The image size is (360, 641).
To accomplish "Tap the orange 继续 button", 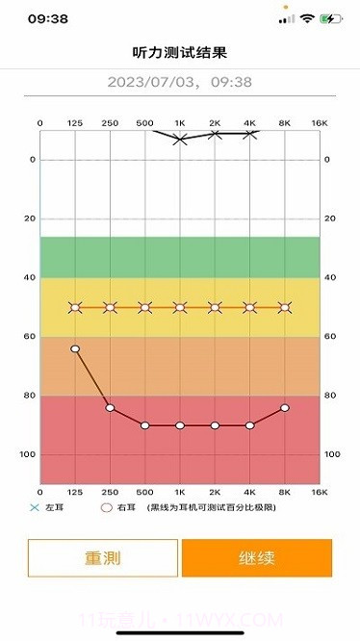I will pyautogui.click(x=256, y=557).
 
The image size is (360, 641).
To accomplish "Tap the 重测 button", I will pyautogui.click(x=103, y=557).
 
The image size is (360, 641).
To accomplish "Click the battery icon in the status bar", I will pyautogui.click(x=331, y=18).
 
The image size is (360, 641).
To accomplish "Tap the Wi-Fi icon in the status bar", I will pyautogui.click(x=307, y=18).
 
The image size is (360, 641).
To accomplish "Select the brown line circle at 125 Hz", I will pyautogui.click(x=75, y=348).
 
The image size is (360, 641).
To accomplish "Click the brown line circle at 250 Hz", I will pyautogui.click(x=110, y=408).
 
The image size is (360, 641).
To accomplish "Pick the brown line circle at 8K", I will pyautogui.click(x=285, y=408).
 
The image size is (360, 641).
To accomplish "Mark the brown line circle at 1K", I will pyautogui.click(x=180, y=425).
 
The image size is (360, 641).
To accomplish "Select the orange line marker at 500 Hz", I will pyautogui.click(x=145, y=308).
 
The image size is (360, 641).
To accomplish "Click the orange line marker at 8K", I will pyautogui.click(x=285, y=308).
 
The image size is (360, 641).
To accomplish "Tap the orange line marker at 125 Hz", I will pyautogui.click(x=75, y=308).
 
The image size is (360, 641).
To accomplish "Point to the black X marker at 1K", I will pyautogui.click(x=180, y=140).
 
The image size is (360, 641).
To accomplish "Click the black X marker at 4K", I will pyautogui.click(x=250, y=134).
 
